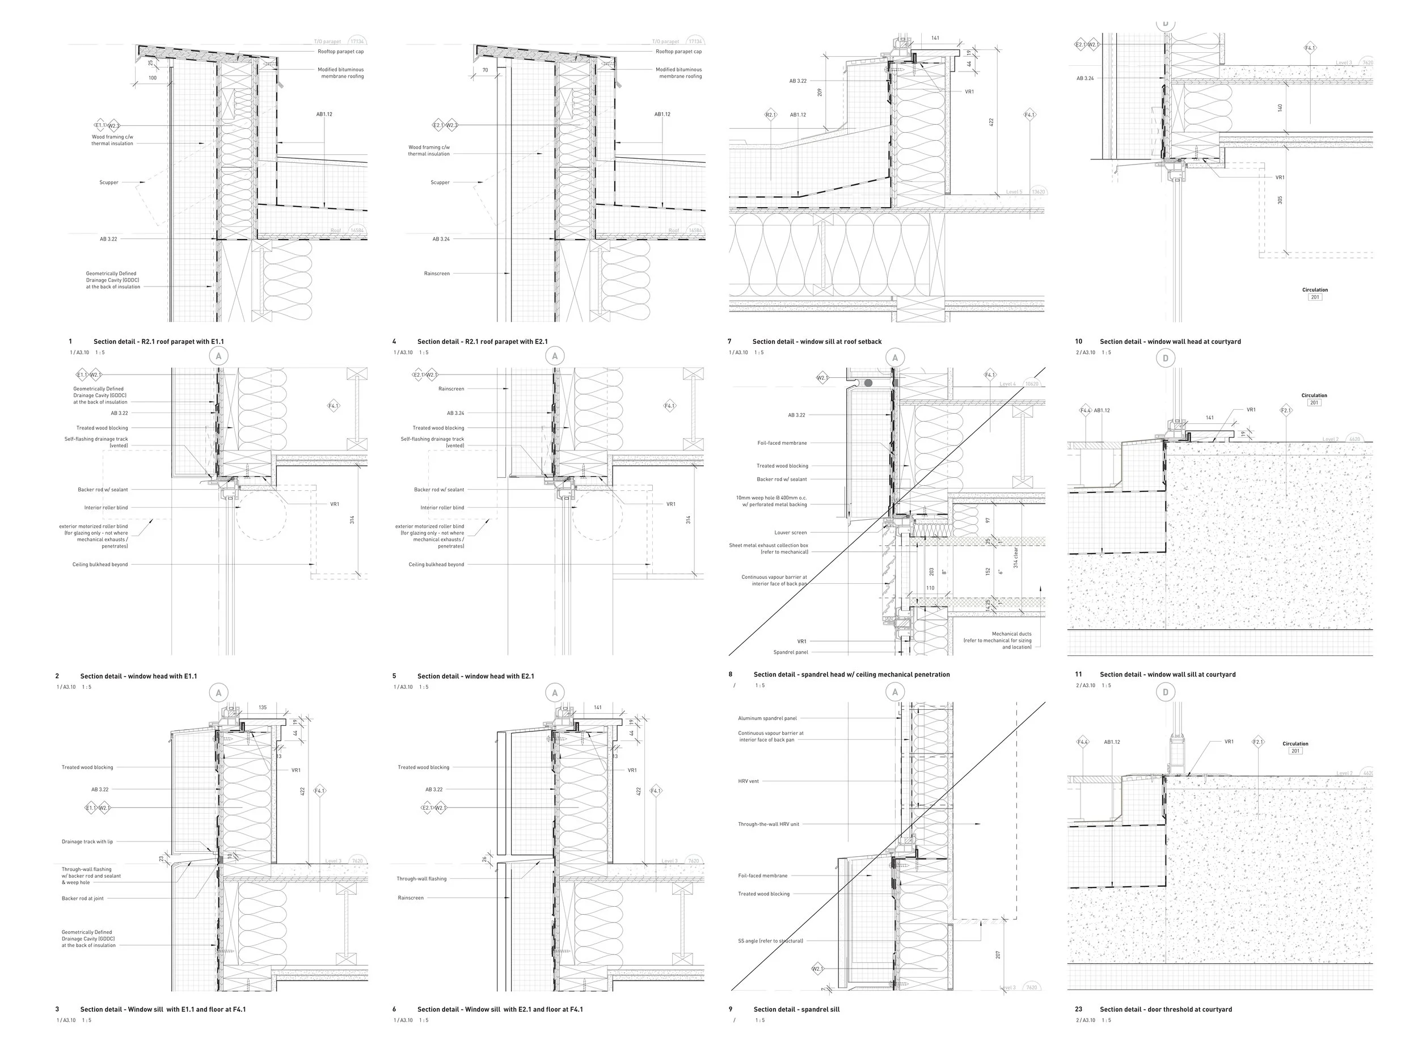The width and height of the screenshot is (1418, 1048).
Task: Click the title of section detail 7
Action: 817,342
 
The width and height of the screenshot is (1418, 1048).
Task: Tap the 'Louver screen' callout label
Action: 790,533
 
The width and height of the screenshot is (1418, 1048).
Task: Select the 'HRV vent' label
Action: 748,781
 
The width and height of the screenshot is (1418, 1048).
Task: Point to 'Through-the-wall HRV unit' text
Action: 768,824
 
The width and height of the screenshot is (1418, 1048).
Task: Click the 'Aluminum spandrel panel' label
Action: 767,719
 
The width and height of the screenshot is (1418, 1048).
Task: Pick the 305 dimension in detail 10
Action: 1280,200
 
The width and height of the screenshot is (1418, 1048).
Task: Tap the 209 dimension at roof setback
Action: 820,92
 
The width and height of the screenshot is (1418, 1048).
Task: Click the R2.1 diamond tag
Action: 770,115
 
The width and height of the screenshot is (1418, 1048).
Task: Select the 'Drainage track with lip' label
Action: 87,842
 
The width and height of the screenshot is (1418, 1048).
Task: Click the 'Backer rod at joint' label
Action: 82,899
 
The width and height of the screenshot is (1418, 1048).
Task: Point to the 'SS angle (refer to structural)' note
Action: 770,941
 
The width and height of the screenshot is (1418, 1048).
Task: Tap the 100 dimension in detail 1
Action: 153,79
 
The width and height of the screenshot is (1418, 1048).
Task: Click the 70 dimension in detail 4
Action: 485,70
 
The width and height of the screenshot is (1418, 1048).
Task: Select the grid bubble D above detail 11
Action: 1165,359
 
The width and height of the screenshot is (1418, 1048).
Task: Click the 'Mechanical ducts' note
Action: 1011,634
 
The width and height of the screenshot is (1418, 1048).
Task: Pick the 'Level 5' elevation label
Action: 1014,192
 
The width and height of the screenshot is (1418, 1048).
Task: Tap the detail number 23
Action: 1079,1009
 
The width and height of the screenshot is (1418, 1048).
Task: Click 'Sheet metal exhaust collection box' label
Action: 769,546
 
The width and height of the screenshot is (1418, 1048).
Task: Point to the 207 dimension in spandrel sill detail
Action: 998,955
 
